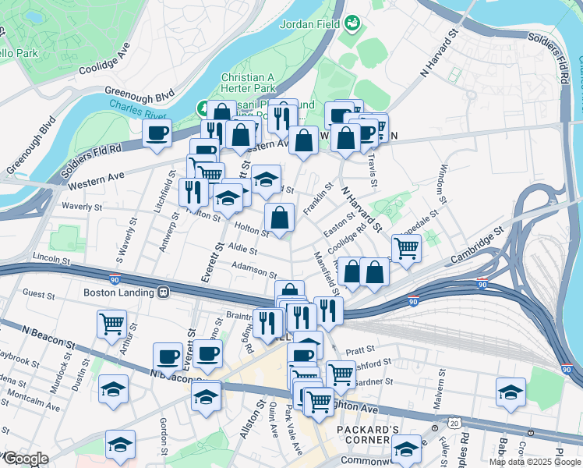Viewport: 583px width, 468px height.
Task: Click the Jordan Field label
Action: tap(308, 23)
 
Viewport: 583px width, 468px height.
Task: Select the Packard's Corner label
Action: tap(369, 434)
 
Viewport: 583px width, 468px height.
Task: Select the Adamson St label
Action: tap(255, 271)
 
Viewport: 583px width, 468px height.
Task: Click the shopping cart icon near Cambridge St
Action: tap(406, 249)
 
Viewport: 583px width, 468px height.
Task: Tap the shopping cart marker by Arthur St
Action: tap(111, 322)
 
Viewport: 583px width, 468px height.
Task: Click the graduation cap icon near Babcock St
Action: tap(511, 391)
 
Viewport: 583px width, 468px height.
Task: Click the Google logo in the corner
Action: tap(26, 459)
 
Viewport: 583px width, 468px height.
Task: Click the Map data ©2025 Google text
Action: tap(535, 462)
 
